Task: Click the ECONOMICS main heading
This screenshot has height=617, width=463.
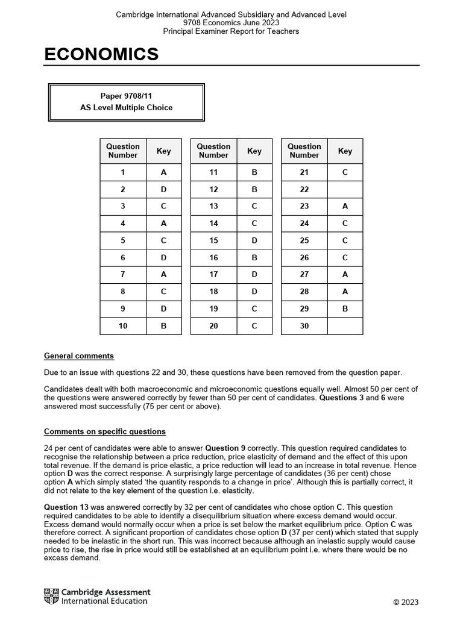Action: (101, 55)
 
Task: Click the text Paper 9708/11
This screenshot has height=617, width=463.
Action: (126, 96)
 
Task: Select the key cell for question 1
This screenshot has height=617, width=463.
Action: (163, 172)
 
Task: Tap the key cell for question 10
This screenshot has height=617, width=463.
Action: (163, 326)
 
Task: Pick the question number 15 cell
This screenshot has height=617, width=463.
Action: (213, 240)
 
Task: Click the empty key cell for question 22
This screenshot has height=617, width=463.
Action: (345, 189)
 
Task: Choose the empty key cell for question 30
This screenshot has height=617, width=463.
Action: (345, 326)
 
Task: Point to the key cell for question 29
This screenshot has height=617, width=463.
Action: (345, 308)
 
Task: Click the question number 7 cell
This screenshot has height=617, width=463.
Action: (123, 275)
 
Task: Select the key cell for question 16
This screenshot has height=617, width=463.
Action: (254, 257)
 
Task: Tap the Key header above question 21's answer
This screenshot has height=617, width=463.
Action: (345, 151)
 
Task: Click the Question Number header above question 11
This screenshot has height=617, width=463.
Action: (213, 151)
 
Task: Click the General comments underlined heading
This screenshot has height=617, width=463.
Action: (79, 356)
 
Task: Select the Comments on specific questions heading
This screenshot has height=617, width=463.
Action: (104, 432)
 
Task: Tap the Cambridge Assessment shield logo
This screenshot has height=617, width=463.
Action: (51, 597)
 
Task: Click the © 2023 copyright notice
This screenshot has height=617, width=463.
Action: (406, 602)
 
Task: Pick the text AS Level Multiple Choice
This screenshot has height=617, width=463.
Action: (126, 108)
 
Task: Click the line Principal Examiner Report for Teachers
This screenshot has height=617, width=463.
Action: (231, 31)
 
